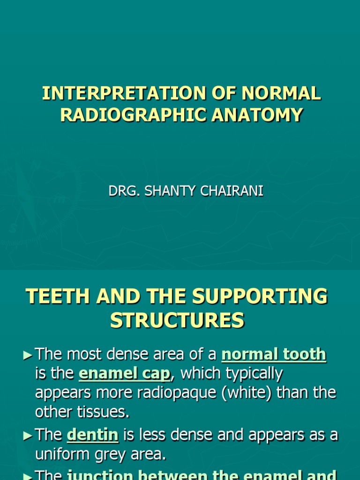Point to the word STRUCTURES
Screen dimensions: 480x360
[177, 321]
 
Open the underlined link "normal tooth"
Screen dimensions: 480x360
[274, 354]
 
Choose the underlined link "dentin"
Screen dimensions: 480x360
[92, 435]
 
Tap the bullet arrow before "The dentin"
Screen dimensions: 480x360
[27, 436]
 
